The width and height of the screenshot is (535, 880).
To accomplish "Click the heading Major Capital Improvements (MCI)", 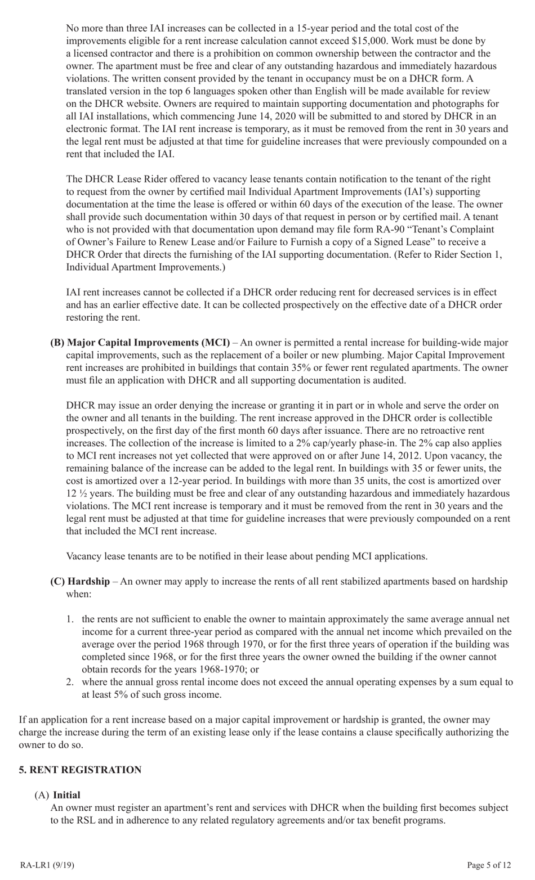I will tap(148, 342).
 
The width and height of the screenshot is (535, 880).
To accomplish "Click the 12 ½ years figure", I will tap(90, 493).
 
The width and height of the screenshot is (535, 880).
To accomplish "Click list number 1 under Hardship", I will tap(70, 619).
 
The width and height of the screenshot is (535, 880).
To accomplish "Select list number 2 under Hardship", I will tap(70, 682).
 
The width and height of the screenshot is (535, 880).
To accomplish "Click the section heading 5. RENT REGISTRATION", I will tap(80, 770).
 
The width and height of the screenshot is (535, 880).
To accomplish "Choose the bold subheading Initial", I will tap(66, 795).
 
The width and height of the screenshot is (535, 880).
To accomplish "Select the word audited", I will tap(386, 380).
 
